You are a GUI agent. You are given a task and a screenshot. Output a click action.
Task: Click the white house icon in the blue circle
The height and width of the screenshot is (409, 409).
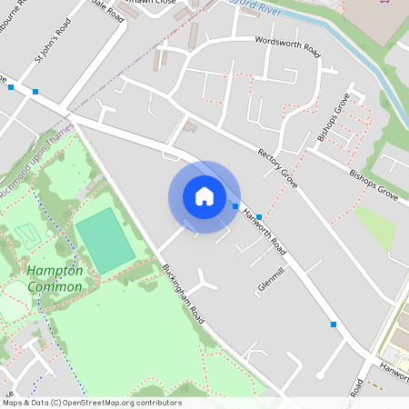click(204, 196)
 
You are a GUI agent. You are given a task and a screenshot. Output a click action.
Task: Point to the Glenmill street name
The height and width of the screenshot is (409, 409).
click(271, 277)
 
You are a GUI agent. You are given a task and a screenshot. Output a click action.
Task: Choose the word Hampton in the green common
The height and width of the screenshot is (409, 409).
click(55, 271)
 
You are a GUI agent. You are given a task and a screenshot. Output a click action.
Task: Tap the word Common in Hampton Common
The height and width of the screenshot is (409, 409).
click(55, 286)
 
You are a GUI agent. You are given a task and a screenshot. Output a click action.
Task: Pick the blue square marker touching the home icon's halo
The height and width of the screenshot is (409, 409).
click(235, 206)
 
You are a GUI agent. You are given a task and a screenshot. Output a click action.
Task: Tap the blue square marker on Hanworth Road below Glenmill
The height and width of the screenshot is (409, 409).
click(334, 324)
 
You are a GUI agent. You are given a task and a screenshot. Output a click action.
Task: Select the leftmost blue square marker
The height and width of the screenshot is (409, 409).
click(11, 87)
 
